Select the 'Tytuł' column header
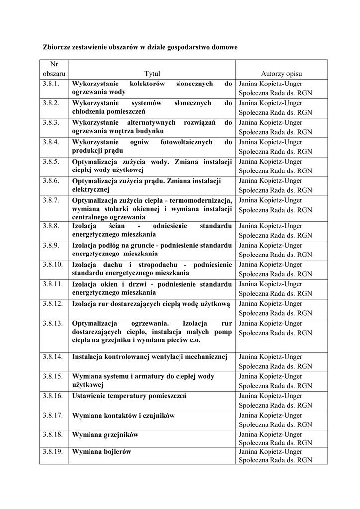coord(152,74)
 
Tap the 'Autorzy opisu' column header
coord(281,74)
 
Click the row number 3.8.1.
coord(51,84)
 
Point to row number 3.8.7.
coord(51,200)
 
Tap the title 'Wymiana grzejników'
coord(105,435)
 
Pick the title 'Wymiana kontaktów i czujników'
coord(123,416)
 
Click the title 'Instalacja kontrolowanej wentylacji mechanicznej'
coord(150,357)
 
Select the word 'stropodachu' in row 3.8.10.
coord(157,264)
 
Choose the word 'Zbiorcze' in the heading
coord(56,47)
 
